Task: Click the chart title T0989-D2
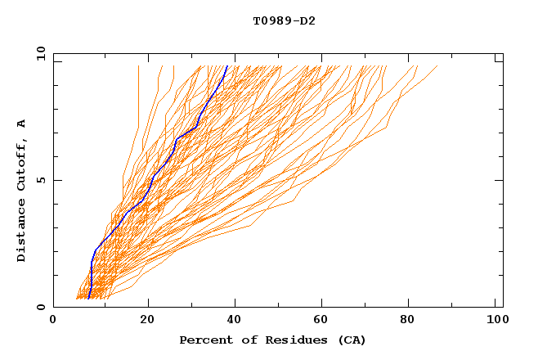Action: [284, 20]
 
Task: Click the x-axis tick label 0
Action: [53, 322]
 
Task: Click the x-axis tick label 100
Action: [495, 322]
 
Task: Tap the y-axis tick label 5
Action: [40, 180]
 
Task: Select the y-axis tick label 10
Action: [40, 54]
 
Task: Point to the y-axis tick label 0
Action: [40, 307]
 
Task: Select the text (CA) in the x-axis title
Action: [352, 340]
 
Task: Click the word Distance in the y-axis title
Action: [21, 232]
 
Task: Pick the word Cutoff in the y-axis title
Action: [21, 164]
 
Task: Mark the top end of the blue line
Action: [227, 65]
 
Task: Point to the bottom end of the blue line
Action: [88, 299]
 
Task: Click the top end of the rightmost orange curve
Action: [437, 65]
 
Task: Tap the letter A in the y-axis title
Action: [21, 124]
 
